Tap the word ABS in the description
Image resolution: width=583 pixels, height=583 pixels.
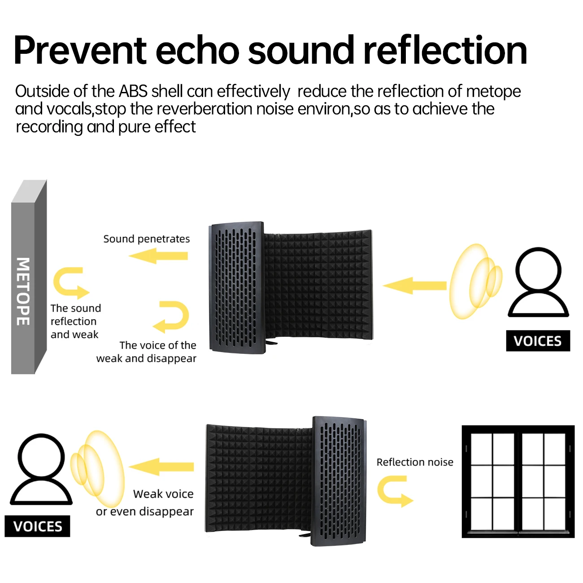coord(133,91)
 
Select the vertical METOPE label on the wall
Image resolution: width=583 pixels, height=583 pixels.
coord(23,291)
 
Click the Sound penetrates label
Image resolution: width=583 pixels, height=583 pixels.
coord(146,239)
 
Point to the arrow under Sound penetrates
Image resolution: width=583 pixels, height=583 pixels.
coord(158,256)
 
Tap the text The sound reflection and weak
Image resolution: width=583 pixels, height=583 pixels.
coord(75,321)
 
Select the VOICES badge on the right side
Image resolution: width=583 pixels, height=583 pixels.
coord(538,341)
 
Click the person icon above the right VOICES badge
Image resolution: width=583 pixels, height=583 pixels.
coord(538,283)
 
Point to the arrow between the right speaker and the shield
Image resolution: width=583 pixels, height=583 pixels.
coord(415,286)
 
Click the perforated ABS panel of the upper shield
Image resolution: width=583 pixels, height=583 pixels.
coord(236,287)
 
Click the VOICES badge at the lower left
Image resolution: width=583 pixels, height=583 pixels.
coord(38,526)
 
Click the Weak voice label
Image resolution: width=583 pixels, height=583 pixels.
coord(163,494)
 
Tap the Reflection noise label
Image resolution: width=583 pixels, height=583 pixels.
coord(415,462)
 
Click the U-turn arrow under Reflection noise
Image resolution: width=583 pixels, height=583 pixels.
coord(394,492)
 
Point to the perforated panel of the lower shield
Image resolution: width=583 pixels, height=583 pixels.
coord(339,480)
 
